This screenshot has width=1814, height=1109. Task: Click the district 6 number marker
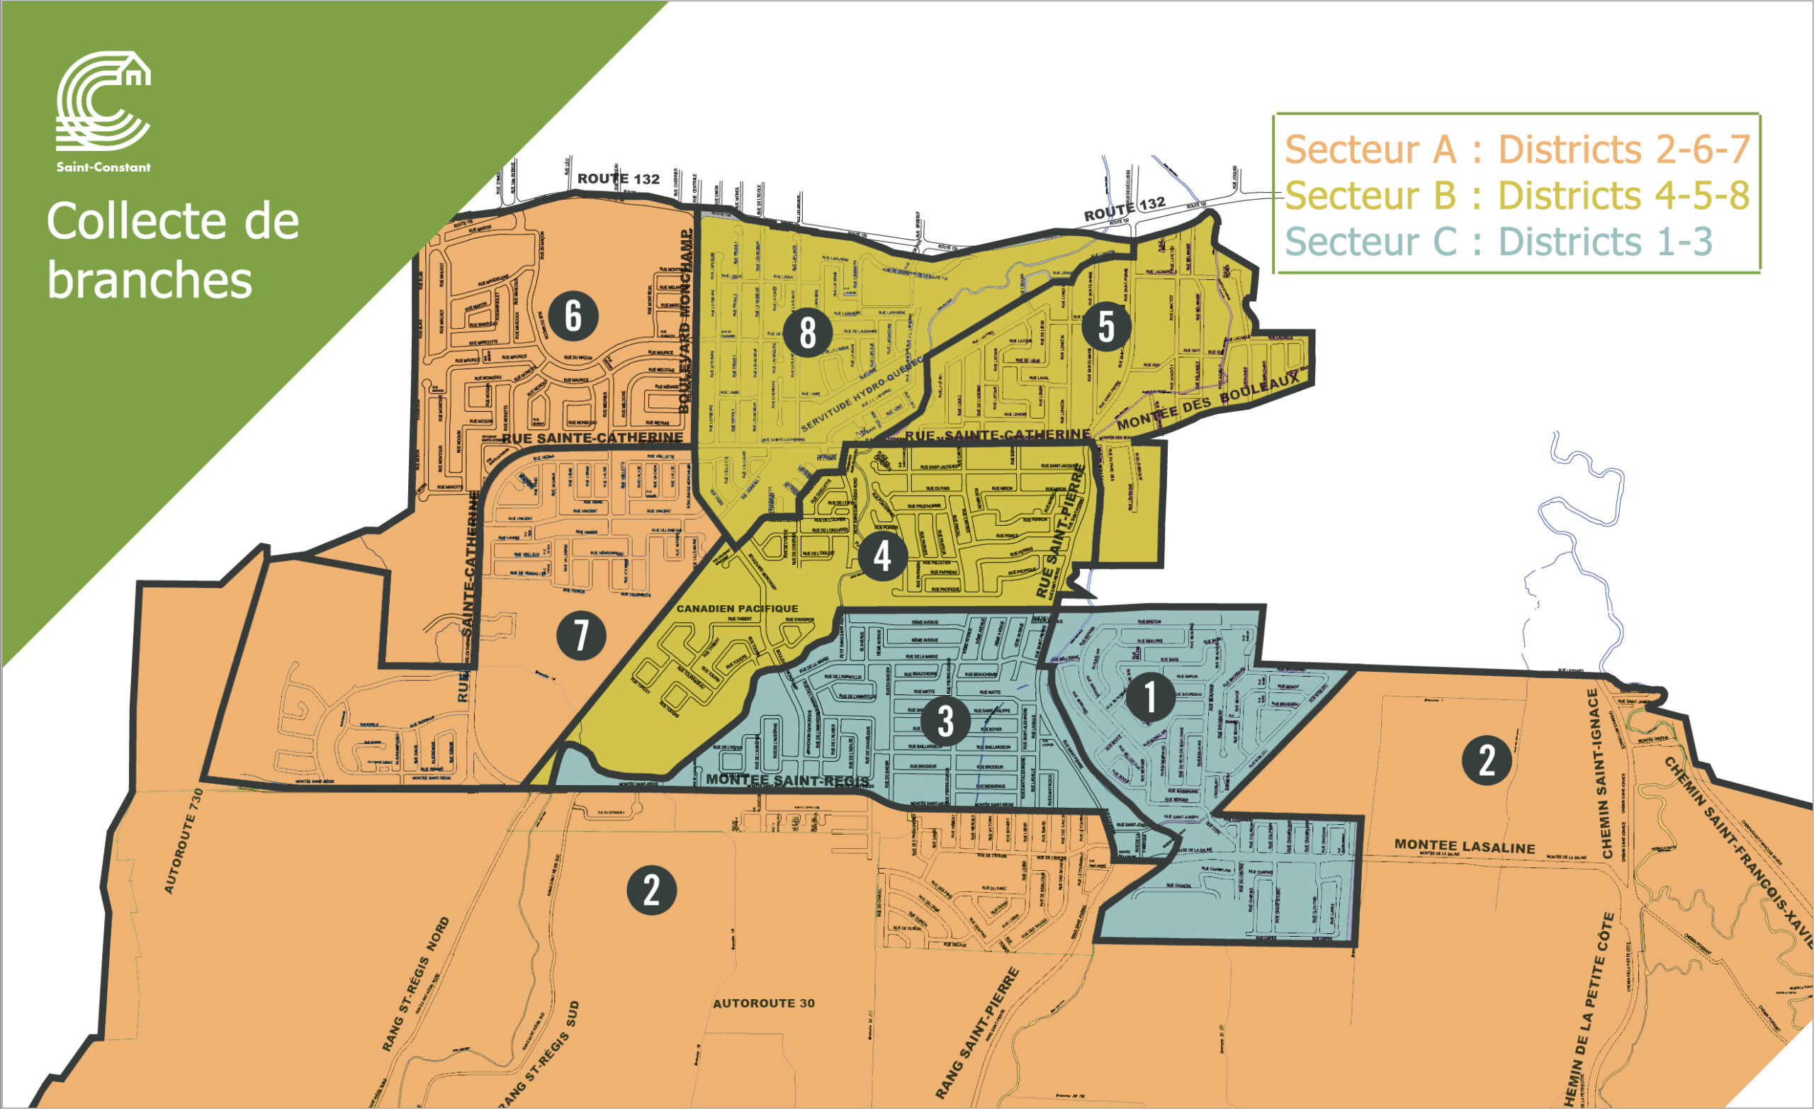coord(573,316)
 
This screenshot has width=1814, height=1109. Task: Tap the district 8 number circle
coord(808,332)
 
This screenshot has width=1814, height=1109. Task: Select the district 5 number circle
coord(1106,326)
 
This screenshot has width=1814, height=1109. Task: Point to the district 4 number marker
coord(882,557)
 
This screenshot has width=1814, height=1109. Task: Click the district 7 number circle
coord(581,636)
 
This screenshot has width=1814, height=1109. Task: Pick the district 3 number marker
coord(945,721)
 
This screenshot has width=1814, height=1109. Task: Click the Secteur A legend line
coord(1516,150)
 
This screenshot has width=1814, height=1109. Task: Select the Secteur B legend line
coord(1516,196)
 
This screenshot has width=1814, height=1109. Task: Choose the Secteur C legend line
coord(1498,242)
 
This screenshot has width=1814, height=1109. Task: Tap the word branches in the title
coord(150,281)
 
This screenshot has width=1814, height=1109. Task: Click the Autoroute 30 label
coord(763,1003)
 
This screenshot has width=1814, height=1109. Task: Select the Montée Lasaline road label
coord(1464,846)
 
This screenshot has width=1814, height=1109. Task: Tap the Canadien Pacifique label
coord(737,609)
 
